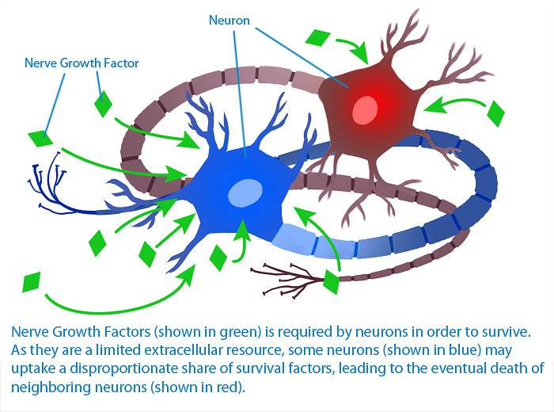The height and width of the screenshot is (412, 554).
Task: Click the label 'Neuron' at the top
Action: [230, 20]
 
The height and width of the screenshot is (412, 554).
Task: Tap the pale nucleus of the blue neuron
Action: [245, 192]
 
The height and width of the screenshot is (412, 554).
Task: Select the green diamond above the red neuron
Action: [318, 37]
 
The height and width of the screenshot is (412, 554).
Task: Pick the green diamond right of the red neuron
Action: [495, 113]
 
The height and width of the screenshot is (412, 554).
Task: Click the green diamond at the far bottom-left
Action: [32, 282]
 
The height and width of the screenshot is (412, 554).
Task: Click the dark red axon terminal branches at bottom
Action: [294, 277]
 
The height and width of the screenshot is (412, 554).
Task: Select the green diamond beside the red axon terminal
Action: [332, 281]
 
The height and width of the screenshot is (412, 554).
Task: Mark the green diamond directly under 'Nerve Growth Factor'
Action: [103, 103]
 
